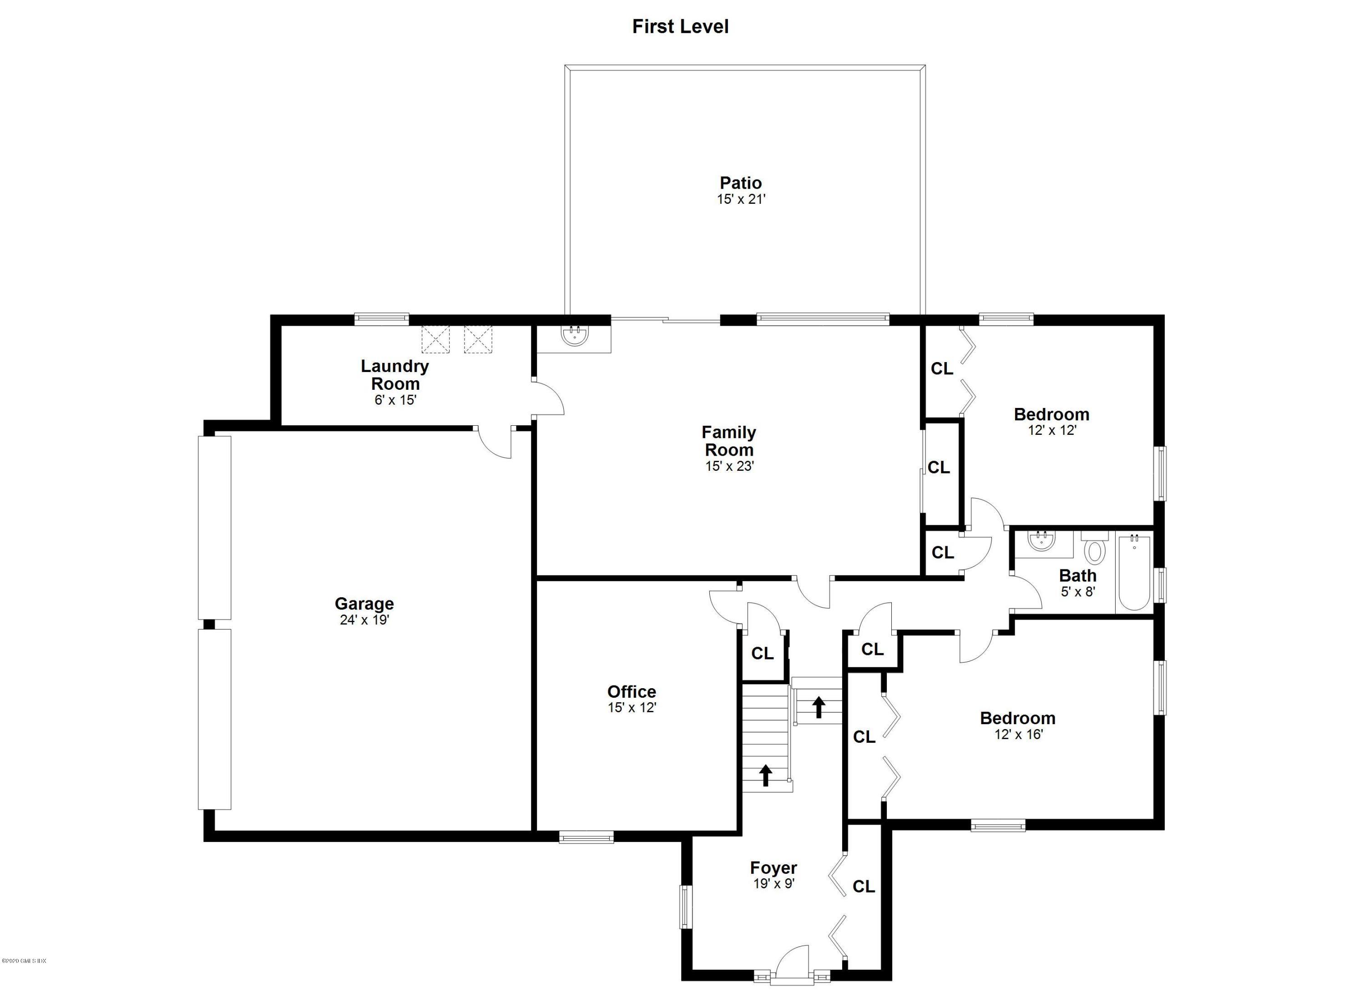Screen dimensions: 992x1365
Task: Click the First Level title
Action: coord(680,26)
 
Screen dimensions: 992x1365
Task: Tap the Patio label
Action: coord(740,183)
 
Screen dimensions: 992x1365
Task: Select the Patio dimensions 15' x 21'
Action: coord(740,199)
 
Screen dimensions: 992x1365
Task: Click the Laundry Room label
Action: coord(395,375)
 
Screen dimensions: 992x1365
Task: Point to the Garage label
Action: coord(364,604)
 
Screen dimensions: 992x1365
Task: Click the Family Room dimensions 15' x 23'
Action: coord(729,466)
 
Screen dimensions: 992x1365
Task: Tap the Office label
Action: coord(632,692)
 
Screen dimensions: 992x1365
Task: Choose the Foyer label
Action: coord(773,868)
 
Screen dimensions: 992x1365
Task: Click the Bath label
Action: coord(1077,576)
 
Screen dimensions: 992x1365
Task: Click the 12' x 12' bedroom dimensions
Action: coord(1052,431)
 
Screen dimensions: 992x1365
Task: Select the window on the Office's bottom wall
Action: coord(586,837)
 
